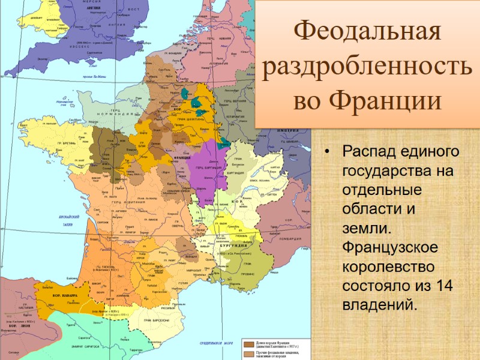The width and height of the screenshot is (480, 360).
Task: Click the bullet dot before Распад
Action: click(x=326, y=151)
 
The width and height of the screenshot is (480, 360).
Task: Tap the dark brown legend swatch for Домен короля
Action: click(x=248, y=344)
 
